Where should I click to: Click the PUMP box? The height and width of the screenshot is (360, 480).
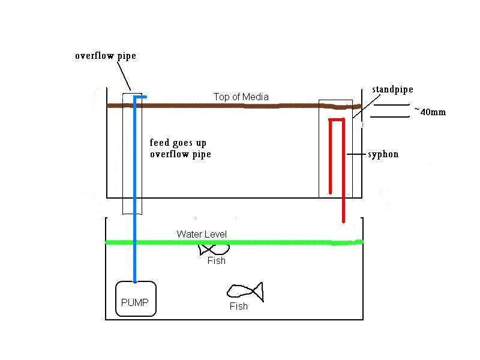point(136,299)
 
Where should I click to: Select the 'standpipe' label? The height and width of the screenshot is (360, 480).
point(392,89)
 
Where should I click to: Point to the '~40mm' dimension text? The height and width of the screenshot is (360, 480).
point(430,112)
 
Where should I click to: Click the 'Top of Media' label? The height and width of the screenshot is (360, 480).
point(241,97)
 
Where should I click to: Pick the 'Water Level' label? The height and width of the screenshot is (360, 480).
point(202,234)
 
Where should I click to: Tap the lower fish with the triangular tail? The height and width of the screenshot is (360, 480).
point(245,292)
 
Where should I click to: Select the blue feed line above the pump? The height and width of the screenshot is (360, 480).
point(135,192)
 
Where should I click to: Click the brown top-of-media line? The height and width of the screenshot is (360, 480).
point(228,106)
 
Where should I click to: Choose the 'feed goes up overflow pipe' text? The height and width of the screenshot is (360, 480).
point(180,149)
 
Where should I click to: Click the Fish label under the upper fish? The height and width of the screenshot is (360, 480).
point(217,261)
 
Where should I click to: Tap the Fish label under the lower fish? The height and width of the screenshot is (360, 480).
point(239,307)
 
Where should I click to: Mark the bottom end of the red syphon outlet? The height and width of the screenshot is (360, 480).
point(343,221)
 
